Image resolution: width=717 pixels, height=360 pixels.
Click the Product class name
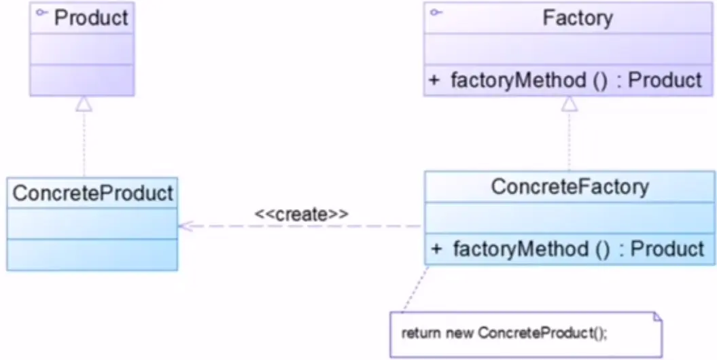[91, 18]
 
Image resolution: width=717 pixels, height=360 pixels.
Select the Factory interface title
[578, 18]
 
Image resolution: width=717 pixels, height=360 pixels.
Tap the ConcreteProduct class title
[93, 194]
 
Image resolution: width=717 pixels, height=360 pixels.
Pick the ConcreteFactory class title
[570, 187]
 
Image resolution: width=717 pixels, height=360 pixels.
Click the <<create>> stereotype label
[301, 214]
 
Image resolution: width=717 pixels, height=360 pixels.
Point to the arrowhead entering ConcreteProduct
[186, 226]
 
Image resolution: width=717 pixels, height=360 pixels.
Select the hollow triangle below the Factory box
[570, 104]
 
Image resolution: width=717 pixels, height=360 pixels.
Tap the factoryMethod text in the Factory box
[518, 80]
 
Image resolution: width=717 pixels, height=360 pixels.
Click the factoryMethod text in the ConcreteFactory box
[521, 249]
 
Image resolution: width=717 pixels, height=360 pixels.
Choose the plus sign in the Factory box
[434, 80]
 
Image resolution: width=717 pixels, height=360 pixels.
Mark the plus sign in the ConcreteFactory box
[436, 249]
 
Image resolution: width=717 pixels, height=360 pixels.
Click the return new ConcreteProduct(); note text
[504, 334]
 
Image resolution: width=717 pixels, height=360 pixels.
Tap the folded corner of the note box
[657, 317]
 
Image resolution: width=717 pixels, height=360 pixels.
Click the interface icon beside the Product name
[42, 13]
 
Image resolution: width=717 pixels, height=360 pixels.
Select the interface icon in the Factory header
[436, 12]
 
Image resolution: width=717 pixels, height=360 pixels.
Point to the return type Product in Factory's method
[665, 80]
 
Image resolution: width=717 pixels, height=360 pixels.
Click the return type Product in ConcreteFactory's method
[667, 249]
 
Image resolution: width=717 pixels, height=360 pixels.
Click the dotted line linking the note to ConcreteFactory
[415, 289]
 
